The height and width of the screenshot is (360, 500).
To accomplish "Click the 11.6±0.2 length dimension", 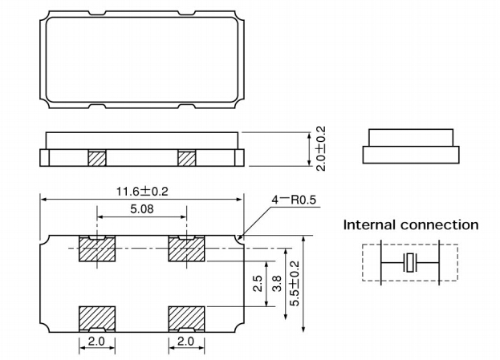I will point(141,192).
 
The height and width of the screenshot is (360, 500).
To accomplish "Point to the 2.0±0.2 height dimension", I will point(321,148).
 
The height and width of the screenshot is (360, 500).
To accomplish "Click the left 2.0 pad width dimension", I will point(96,342).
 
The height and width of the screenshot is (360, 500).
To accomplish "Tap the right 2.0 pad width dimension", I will point(186,342).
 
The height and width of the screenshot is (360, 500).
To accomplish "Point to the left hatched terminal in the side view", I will point(96,158).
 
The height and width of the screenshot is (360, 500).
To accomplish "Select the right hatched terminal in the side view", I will point(186,158).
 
